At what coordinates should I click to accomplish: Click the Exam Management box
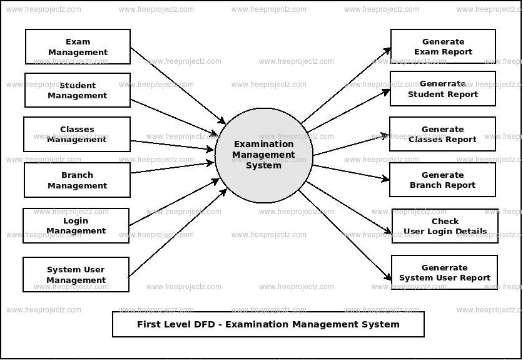[78, 47]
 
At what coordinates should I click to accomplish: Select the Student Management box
[78, 91]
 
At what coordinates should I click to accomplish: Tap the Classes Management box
[77, 135]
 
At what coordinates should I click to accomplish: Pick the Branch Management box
[77, 180]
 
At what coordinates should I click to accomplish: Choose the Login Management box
[76, 226]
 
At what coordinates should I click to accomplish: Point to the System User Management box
[76, 275]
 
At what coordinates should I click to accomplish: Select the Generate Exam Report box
[443, 47]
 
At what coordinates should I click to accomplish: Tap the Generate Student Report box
[443, 89]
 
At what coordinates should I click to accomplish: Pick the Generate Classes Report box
[442, 135]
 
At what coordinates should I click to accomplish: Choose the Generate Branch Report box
[442, 180]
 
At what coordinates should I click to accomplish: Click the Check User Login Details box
[445, 227]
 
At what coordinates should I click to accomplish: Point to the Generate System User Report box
[444, 273]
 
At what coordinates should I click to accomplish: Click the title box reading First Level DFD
[268, 324]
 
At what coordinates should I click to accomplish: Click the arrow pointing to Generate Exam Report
[345, 85]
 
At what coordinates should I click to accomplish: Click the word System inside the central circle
[263, 165]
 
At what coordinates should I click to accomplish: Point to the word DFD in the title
[205, 324]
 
